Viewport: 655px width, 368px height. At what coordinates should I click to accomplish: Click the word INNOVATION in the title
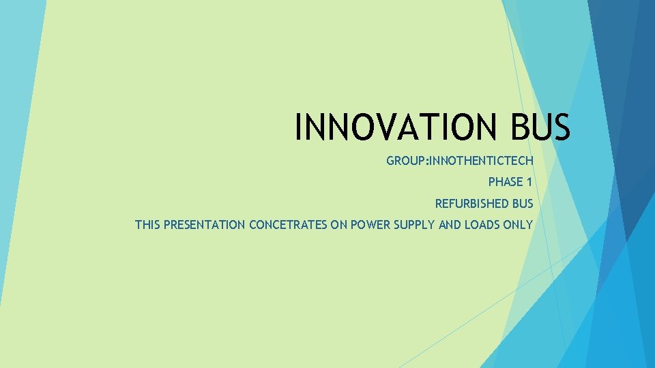tap(392, 127)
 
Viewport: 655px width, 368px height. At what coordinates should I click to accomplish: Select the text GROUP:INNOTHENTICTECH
tap(460, 161)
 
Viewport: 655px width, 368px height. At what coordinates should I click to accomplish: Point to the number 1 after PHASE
tap(529, 182)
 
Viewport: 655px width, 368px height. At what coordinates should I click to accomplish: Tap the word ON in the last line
tap(339, 224)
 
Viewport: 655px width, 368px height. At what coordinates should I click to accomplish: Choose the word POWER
tap(369, 224)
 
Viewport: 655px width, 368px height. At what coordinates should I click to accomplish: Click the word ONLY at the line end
tap(519, 224)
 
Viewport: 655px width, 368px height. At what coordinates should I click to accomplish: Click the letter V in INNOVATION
tap(385, 127)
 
